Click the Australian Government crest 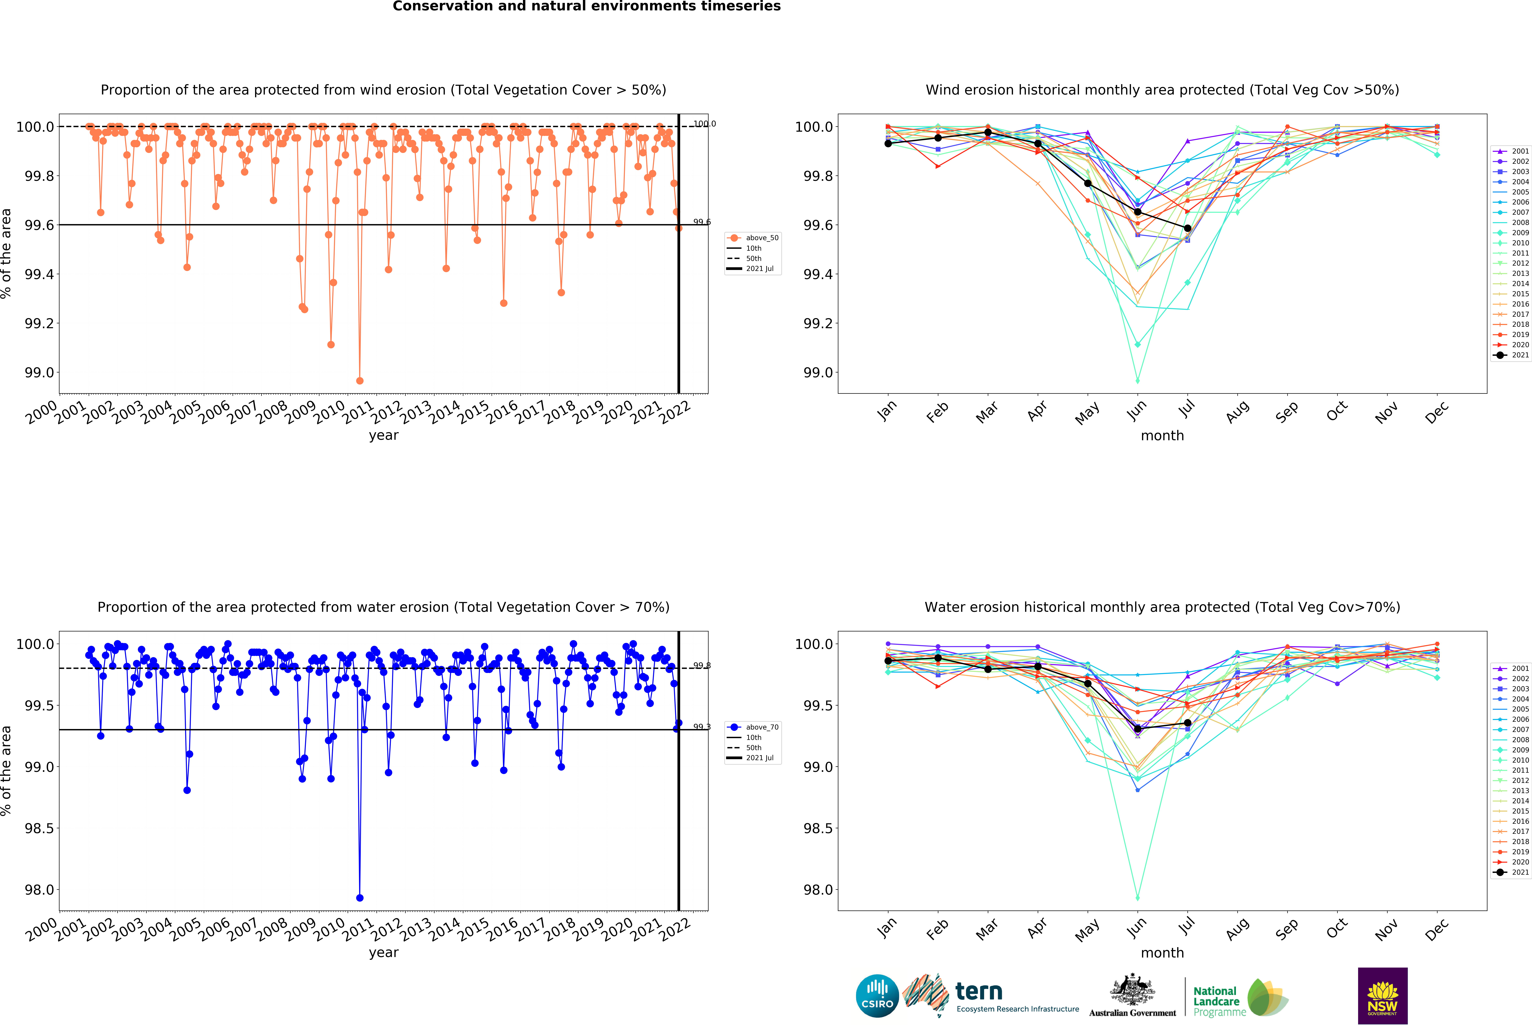[1132, 989]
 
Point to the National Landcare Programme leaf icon [1267, 997]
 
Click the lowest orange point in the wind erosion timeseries [359, 381]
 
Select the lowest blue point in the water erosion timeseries [359, 898]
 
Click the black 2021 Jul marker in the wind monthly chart [1187, 228]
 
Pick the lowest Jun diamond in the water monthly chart [1137, 898]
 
